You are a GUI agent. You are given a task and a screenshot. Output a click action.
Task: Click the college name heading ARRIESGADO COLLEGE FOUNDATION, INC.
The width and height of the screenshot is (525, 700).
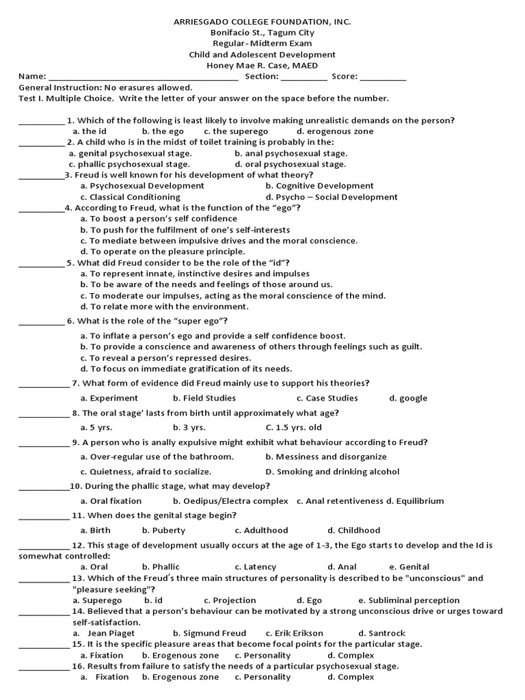pos(262,22)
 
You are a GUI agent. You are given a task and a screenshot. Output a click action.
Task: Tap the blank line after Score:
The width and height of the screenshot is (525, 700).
pos(383,77)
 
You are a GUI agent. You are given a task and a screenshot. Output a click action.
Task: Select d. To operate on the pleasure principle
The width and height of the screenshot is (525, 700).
pos(153,252)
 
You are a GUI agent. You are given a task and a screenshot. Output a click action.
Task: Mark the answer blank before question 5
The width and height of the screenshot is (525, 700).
pos(41,263)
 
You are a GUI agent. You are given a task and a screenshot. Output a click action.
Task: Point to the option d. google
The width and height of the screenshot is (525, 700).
pos(408,398)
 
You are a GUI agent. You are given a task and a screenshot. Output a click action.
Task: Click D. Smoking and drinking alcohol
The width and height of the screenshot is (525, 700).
pos(332,472)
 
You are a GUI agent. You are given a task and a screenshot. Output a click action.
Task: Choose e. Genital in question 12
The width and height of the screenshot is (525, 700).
pos(409,567)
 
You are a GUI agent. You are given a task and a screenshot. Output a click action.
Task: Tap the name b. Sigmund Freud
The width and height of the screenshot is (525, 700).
pos(209,634)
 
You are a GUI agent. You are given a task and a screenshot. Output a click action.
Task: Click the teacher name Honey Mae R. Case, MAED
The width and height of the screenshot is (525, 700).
pos(262,66)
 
